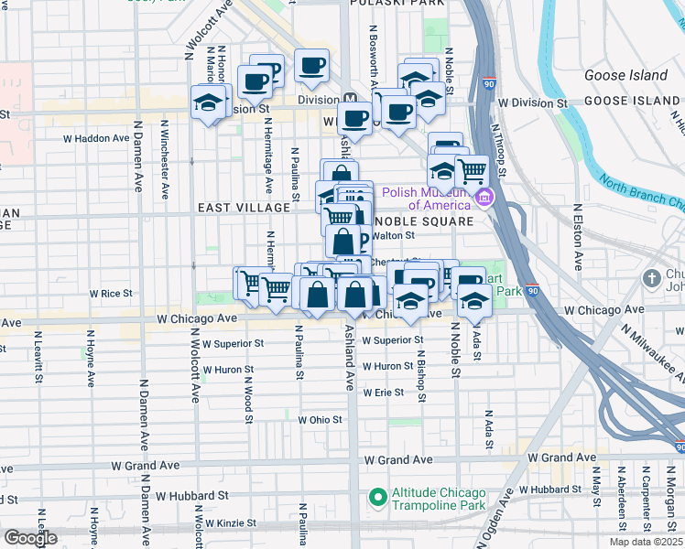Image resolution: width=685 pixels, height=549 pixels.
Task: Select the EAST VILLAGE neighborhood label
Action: (244, 209)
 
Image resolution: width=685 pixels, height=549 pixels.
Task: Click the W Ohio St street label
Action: (320, 420)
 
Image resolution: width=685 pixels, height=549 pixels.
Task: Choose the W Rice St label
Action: (111, 294)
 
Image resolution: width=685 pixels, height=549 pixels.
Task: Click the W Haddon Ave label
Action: (96, 138)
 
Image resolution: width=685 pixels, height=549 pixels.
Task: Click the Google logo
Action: (30, 538)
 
